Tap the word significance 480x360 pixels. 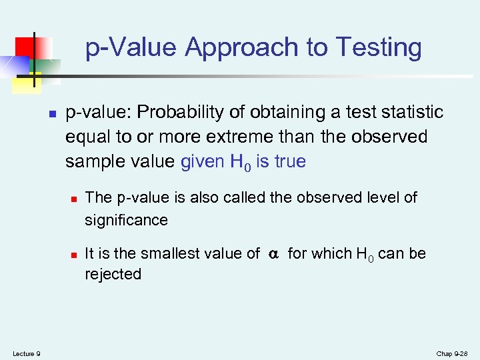[x=126, y=220]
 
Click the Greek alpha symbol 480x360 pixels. [x=273, y=254]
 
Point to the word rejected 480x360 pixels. [x=113, y=274]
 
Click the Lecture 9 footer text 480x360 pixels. [x=26, y=353]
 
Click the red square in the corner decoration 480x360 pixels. [x=25, y=45]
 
